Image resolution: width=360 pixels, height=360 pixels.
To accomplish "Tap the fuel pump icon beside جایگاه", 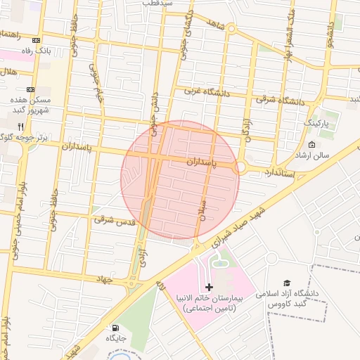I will [x=115, y=328].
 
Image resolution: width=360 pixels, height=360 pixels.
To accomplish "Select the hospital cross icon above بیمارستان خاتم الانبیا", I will [x=209, y=287].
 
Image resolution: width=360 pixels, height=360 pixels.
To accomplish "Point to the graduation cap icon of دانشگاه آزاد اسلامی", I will [x=285, y=282].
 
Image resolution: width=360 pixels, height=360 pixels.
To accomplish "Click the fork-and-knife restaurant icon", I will [x=29, y=126].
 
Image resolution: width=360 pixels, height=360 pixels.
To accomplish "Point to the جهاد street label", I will [x=105, y=279].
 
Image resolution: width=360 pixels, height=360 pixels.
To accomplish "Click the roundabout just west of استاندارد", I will [x=241, y=167].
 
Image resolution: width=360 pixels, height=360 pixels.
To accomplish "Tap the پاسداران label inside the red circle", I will [x=204, y=162].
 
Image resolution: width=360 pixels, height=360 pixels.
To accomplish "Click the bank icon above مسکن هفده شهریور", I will [x=30, y=89].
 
